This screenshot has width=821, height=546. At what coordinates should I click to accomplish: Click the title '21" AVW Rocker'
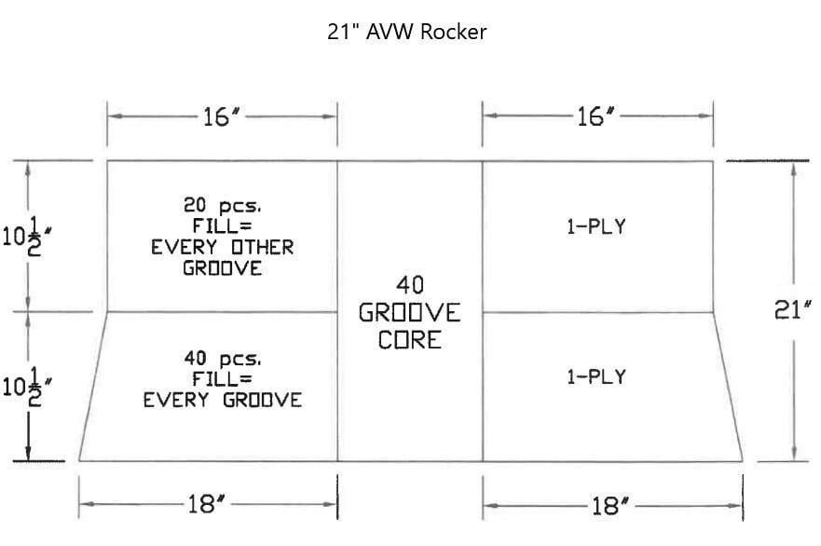point(406,32)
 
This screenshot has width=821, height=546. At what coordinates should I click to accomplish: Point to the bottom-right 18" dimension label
point(611,506)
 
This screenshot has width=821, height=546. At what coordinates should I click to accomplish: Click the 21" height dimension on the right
point(794,311)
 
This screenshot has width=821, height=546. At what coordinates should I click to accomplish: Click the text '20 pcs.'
point(223,206)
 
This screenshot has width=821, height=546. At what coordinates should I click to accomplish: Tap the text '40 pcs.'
point(223,359)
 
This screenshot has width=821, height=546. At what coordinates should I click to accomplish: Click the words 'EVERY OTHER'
point(223,248)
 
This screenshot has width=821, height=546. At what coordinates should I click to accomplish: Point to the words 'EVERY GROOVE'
point(223,401)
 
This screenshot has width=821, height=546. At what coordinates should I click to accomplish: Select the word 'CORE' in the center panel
point(409,340)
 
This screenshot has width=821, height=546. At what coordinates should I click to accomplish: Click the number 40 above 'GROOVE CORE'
point(410,285)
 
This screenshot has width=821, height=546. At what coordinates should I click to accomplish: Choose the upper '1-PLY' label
point(596,225)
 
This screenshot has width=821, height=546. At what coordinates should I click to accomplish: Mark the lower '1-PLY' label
point(596,377)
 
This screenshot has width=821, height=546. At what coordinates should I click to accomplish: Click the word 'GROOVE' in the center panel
point(409,313)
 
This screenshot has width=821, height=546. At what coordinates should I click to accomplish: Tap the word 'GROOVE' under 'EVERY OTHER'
point(223,268)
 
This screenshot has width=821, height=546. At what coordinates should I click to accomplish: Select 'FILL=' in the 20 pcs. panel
point(223,226)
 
